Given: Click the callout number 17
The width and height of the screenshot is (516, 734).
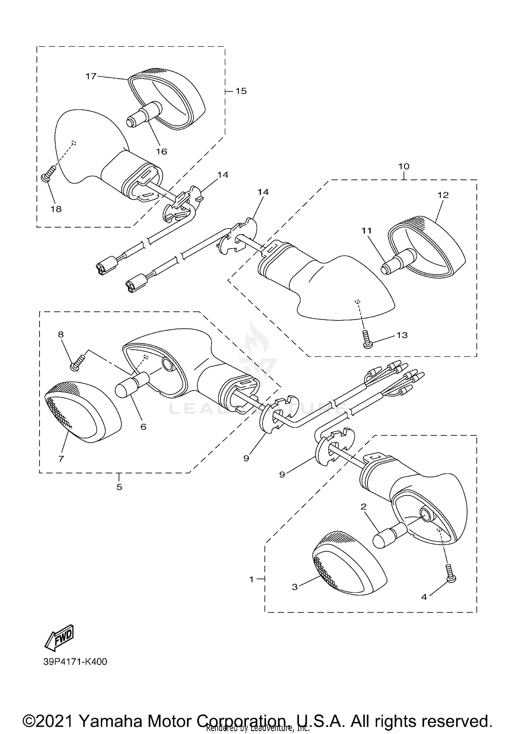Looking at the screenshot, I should (x=91, y=76).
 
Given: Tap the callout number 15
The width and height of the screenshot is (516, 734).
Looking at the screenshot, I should (x=241, y=91).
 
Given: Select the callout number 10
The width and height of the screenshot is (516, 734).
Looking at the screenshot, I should (x=404, y=166).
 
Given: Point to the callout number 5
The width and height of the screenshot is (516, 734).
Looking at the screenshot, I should (x=119, y=487).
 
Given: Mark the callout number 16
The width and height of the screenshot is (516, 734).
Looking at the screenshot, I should (x=161, y=151).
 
